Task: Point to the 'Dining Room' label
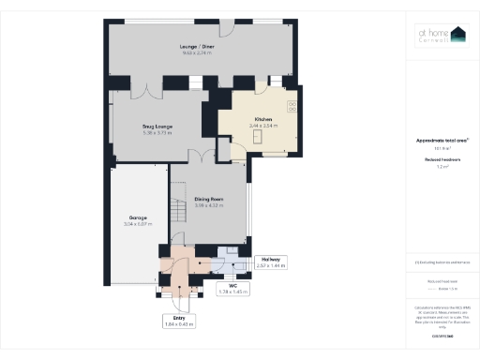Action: point(207,200)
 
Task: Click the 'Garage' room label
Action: point(137,217)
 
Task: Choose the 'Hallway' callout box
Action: point(270,260)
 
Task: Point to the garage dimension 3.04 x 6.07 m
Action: point(137,224)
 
